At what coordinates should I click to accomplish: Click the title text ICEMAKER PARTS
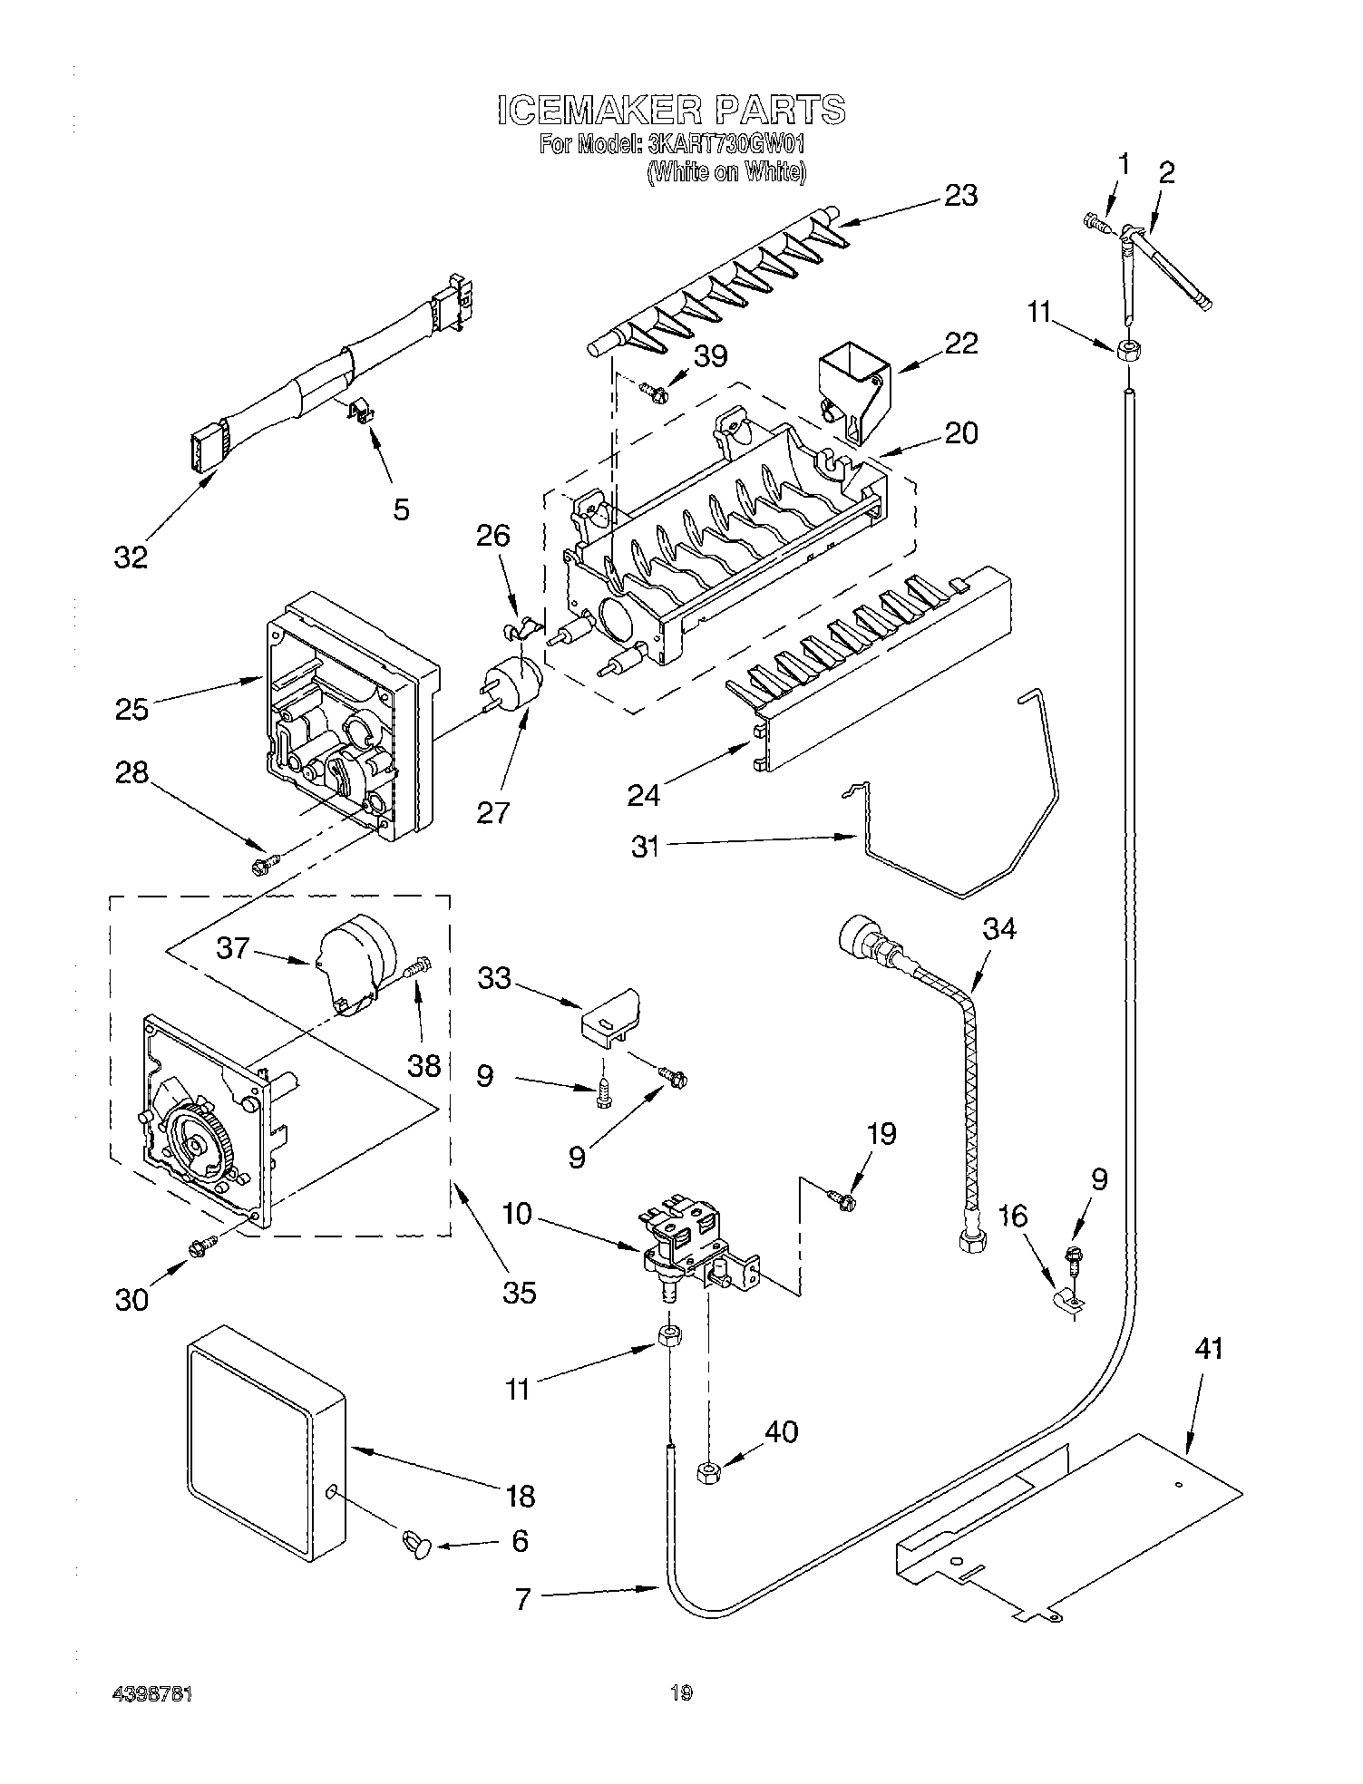671,109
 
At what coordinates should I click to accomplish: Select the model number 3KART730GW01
725,144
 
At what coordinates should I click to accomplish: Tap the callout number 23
960,195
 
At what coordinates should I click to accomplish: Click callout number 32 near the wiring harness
131,557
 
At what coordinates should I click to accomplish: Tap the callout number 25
131,708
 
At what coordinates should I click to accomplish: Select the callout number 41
1208,1349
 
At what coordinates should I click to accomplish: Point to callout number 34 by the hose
999,928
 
